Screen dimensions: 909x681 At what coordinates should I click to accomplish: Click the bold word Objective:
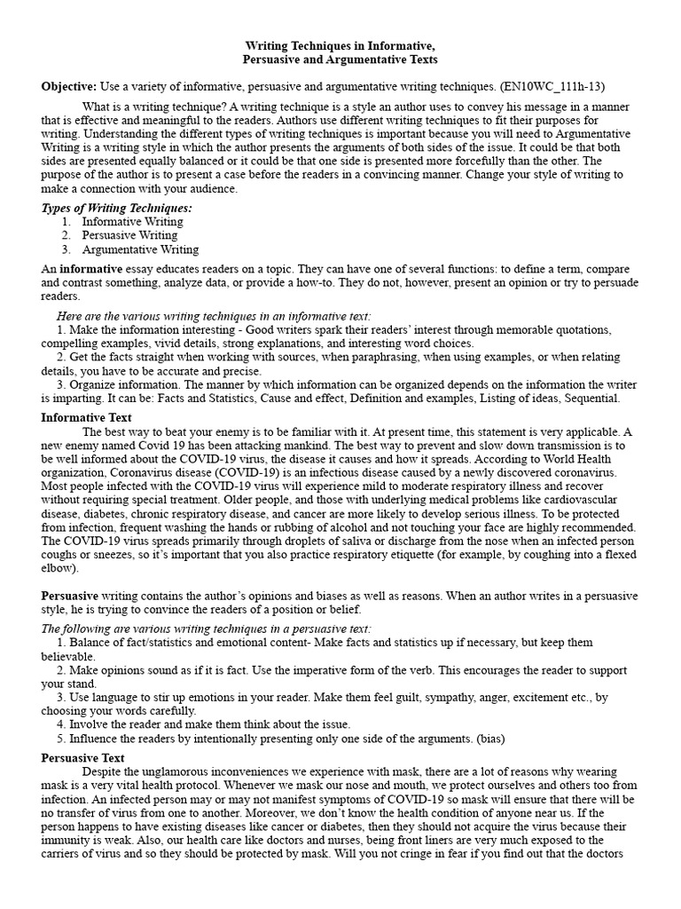coord(69,86)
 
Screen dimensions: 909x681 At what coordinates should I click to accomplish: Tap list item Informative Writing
coord(132,222)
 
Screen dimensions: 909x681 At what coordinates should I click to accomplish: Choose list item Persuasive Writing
coord(129,236)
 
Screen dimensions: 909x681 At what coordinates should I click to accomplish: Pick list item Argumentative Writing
coord(140,250)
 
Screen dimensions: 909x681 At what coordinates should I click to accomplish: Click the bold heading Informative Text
coord(87,417)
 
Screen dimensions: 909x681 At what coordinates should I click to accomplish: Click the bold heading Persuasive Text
coord(83,758)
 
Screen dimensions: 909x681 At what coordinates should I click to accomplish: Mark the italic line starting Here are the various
coord(215,315)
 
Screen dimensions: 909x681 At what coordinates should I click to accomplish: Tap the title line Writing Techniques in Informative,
coord(340,45)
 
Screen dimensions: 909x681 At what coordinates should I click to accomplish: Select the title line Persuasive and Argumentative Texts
coord(340,59)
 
